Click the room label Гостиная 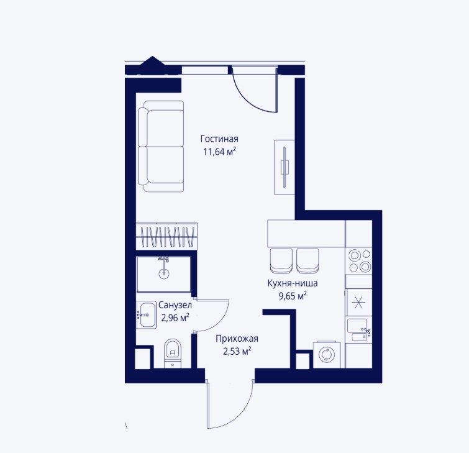click(x=219, y=139)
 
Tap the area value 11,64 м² click(x=219, y=152)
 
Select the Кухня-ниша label click(x=293, y=283)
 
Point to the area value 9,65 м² click(x=293, y=296)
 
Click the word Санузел click(x=175, y=305)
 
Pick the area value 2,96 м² click(x=175, y=317)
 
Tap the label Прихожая click(x=237, y=339)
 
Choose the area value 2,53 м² click(x=237, y=351)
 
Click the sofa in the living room click(x=161, y=146)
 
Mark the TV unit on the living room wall click(x=285, y=168)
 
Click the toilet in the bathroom click(x=173, y=353)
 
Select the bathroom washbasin click(x=146, y=315)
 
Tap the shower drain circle click(x=163, y=273)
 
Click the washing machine click(x=327, y=355)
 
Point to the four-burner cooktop click(x=359, y=260)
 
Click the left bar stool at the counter click(x=281, y=261)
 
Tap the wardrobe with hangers click(x=166, y=236)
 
